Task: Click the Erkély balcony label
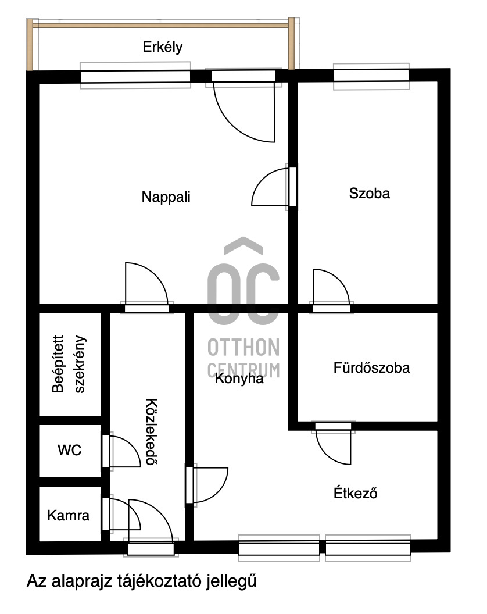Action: point(163,47)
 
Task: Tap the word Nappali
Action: point(166,197)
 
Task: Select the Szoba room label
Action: point(369,194)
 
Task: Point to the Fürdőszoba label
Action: point(371,367)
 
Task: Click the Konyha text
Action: point(239,379)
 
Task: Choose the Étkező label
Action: point(356,492)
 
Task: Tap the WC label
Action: point(69,450)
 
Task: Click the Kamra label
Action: point(68,515)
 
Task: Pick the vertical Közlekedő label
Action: point(152,431)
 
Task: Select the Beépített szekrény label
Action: point(69,364)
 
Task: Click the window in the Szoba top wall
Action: point(371,76)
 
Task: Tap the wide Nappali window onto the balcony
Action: point(135,76)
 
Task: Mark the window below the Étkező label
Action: point(368,548)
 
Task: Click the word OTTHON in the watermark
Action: point(243,347)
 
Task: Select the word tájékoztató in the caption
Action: point(159,581)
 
